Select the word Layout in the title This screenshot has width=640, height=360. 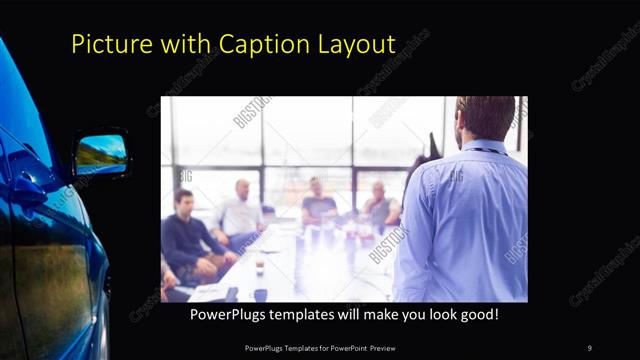[354, 44]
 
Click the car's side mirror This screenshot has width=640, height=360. [101, 153]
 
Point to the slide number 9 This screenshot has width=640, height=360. [589, 347]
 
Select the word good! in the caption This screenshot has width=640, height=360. [477, 313]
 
